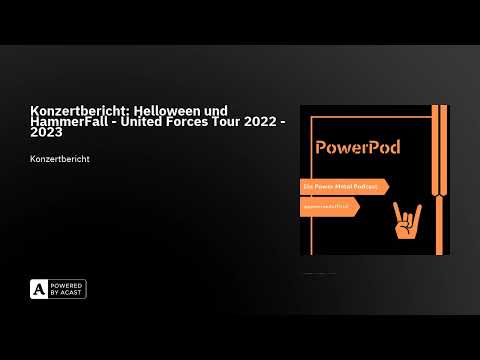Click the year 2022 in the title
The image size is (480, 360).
point(273,122)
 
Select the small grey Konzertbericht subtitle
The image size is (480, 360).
point(62,159)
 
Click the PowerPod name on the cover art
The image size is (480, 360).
point(357,147)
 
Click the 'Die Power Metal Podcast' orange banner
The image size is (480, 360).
point(343,186)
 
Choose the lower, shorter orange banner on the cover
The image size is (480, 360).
point(329,206)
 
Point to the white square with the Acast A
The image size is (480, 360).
point(40,289)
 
